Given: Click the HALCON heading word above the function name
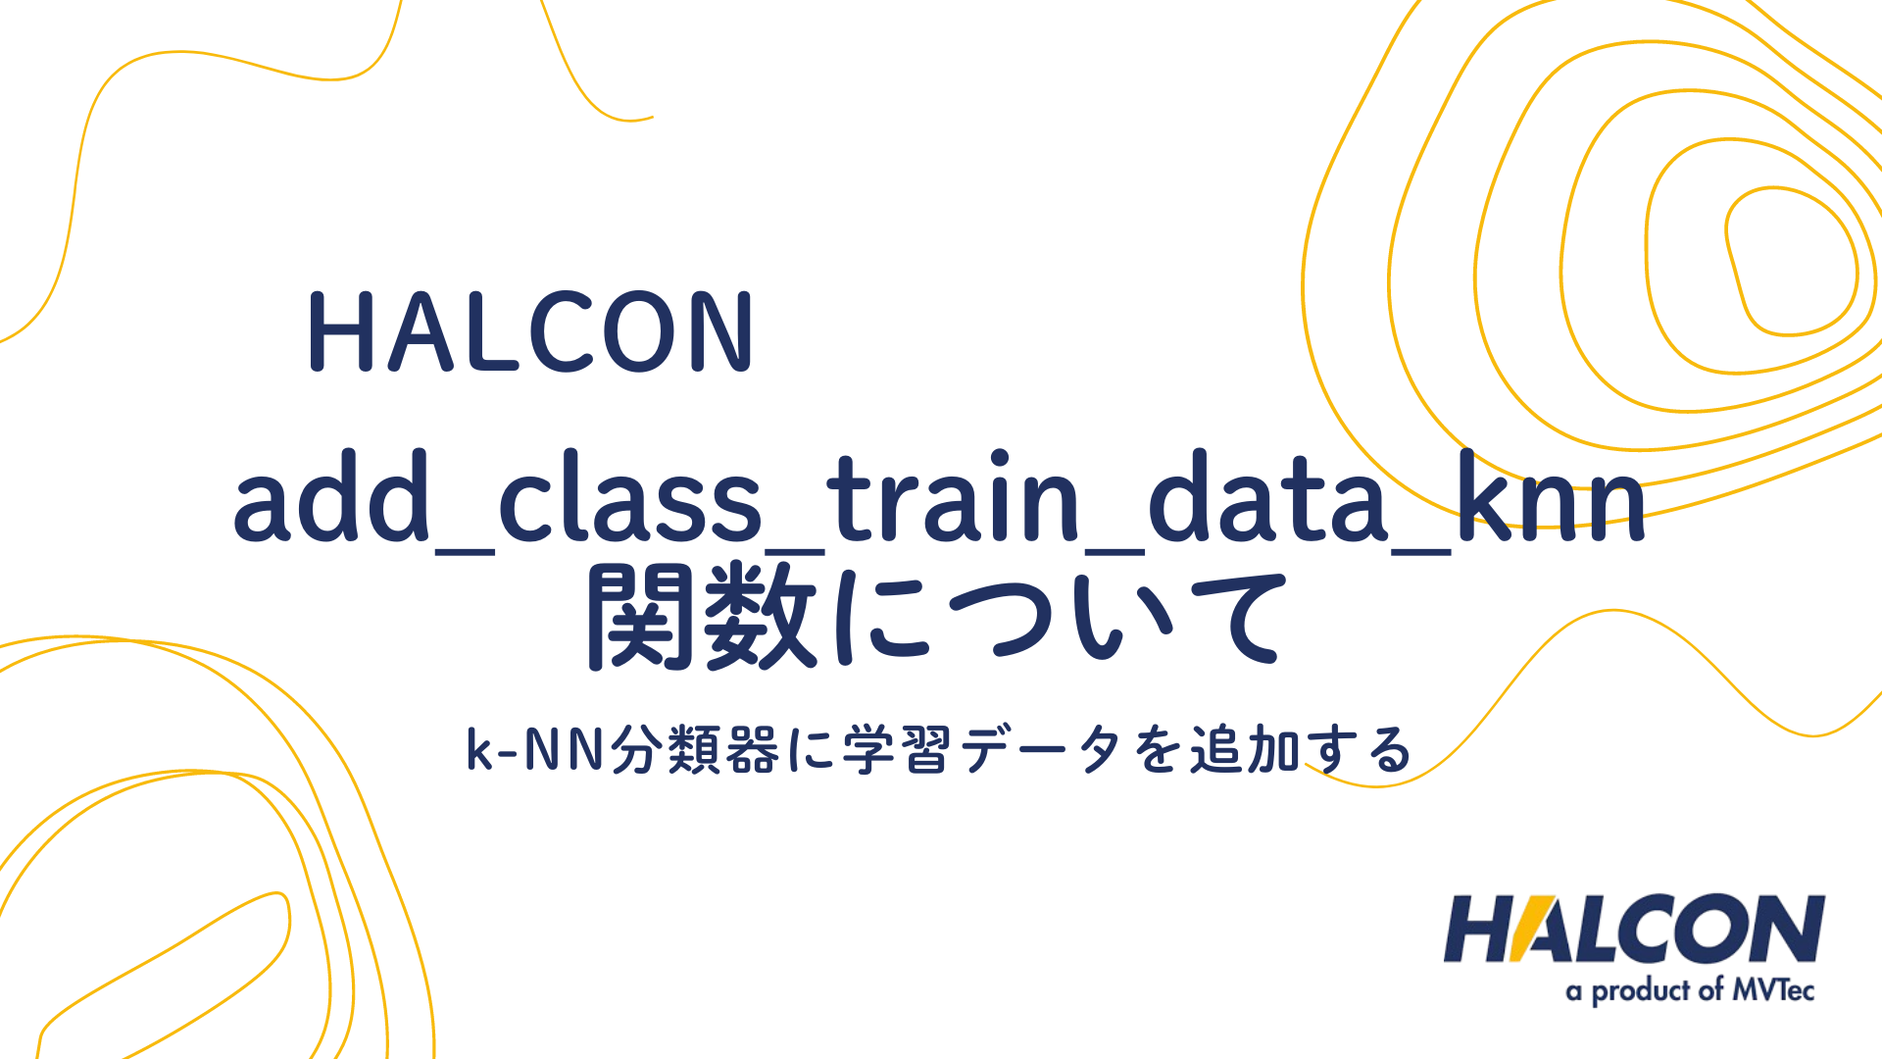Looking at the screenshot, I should pyautogui.click(x=530, y=332).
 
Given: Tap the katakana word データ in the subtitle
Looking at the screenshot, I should pyautogui.click(x=1040, y=751).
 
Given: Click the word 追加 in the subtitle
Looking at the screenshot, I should pyautogui.click(x=1245, y=751).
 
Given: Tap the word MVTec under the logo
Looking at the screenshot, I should pyautogui.click(x=1773, y=990).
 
